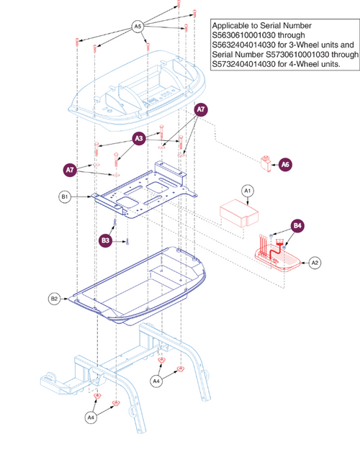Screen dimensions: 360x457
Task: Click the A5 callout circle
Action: [138, 27]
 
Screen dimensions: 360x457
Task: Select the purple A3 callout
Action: [139, 138]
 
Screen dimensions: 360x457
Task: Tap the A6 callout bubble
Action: [285, 165]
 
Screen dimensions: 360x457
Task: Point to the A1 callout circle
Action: [247, 191]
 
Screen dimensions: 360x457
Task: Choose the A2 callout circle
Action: [315, 263]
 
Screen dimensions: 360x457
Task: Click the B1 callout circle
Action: [65, 197]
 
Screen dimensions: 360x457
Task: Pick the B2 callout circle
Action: [54, 299]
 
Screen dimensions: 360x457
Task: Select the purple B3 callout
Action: [105, 240]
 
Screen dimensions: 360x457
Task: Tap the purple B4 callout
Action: [297, 226]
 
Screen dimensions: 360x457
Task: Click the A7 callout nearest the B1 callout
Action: [70, 170]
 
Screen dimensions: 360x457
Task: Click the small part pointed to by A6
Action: [266, 164]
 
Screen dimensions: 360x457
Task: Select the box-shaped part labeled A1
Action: [239, 213]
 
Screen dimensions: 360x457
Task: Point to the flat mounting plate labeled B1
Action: [144, 190]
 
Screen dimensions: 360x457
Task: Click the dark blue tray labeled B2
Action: [138, 286]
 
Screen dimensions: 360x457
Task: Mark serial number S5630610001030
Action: [243, 35]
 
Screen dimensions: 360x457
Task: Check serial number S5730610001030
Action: [297, 55]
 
